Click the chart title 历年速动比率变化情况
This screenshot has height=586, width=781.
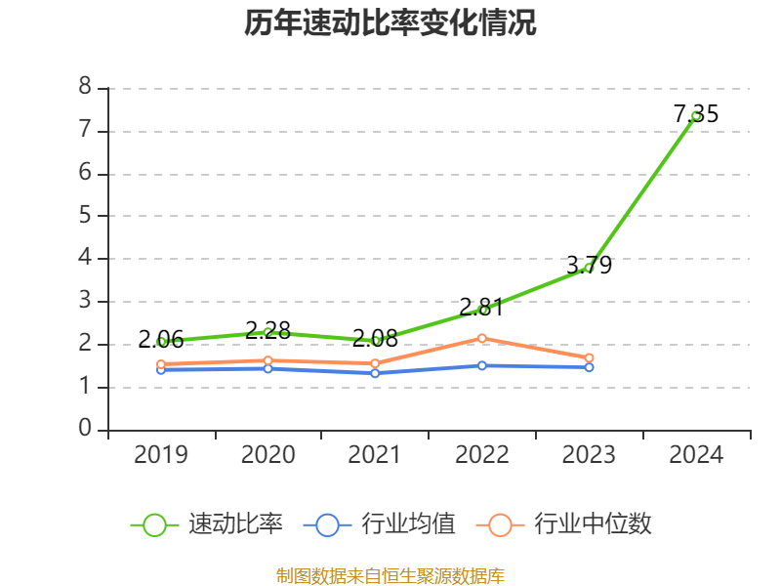[390, 23]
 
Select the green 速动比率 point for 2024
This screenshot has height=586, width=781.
[696, 116]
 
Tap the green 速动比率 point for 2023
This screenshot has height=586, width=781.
[589, 268]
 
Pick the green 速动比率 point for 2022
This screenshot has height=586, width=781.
[482, 310]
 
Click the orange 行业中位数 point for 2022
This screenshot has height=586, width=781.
[482, 338]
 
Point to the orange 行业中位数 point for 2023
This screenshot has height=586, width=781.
[589, 358]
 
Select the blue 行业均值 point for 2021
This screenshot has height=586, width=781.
[375, 373]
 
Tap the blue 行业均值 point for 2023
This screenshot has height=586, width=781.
[589, 367]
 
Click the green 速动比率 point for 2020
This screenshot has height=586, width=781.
[268, 332]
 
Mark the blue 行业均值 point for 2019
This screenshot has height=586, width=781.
[161, 369]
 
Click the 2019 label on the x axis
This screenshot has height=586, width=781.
[161, 454]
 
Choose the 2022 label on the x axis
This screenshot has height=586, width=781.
[482, 454]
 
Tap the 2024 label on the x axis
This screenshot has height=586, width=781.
[696, 454]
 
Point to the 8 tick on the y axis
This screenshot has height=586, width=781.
[85, 88]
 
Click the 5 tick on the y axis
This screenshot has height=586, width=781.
[85, 216]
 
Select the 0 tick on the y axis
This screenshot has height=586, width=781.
[85, 429]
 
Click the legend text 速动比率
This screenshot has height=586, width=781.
[235, 524]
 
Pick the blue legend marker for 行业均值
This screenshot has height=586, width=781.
[327, 524]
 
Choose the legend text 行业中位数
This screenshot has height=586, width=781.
[593, 524]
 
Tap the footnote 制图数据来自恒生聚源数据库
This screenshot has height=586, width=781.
[390, 575]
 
